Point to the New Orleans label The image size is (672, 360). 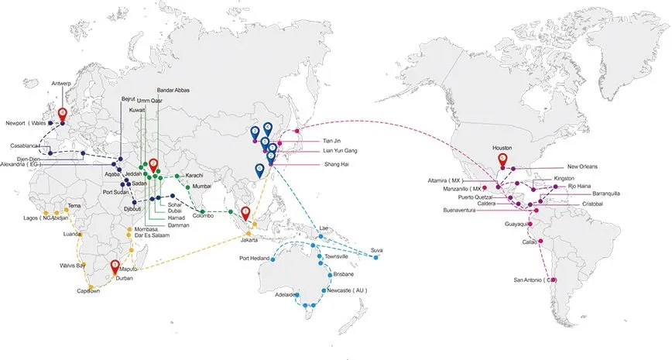point(583,166)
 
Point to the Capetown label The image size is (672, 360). point(88,291)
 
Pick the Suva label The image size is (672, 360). point(377,249)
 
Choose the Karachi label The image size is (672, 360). point(194,176)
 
